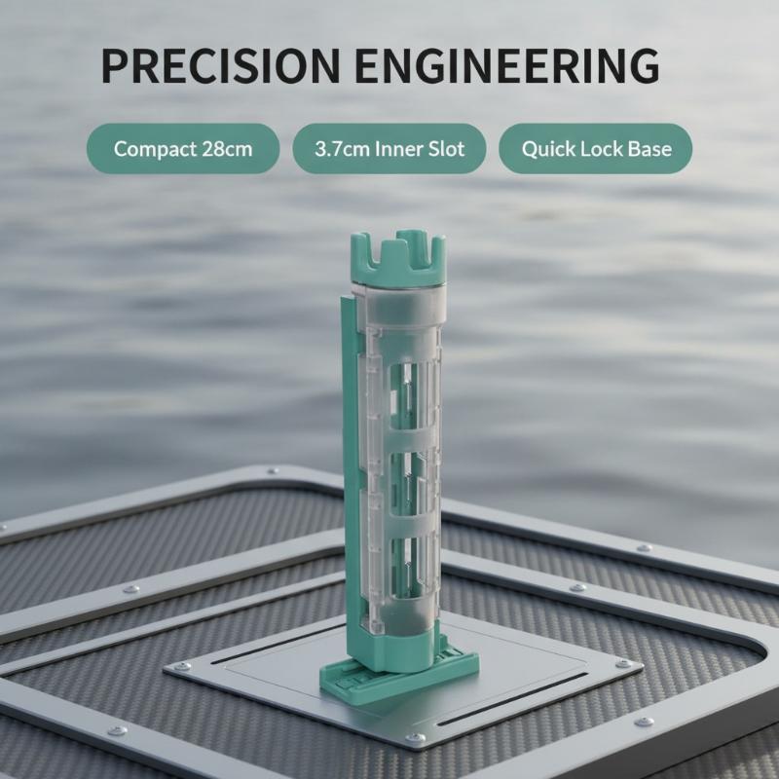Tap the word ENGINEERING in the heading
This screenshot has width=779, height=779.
coord(507,65)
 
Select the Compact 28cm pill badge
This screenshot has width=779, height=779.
coord(183,149)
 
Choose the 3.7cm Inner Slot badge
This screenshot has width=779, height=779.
coord(389,149)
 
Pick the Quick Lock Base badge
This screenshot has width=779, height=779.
coord(595,149)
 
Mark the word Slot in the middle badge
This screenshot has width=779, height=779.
coord(446,149)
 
